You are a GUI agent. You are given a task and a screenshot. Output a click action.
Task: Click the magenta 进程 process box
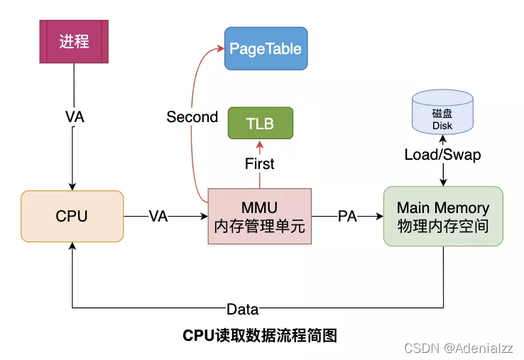(74, 42)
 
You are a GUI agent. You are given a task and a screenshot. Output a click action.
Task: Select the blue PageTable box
(266, 48)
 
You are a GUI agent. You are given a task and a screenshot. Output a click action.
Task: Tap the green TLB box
(260, 123)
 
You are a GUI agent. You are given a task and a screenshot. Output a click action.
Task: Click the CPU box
(72, 216)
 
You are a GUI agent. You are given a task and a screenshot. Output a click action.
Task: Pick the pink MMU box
(259, 217)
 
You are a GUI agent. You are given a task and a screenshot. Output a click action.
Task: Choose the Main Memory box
(443, 217)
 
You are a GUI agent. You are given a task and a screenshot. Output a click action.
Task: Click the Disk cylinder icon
(442, 116)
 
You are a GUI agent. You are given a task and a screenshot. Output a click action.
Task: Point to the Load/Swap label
(442, 154)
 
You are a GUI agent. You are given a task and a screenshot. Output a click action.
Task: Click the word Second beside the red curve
(192, 117)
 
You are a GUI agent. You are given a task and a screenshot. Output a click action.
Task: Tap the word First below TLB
(260, 163)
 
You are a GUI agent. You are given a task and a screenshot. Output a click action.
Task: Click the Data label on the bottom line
(242, 309)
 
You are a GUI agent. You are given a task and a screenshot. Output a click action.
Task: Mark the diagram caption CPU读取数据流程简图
(260, 335)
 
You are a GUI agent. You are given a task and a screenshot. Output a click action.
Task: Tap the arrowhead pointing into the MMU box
(204, 217)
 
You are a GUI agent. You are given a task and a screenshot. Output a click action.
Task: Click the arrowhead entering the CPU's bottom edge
(72, 245)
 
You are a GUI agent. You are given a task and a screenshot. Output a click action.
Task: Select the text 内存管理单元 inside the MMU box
(259, 227)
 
